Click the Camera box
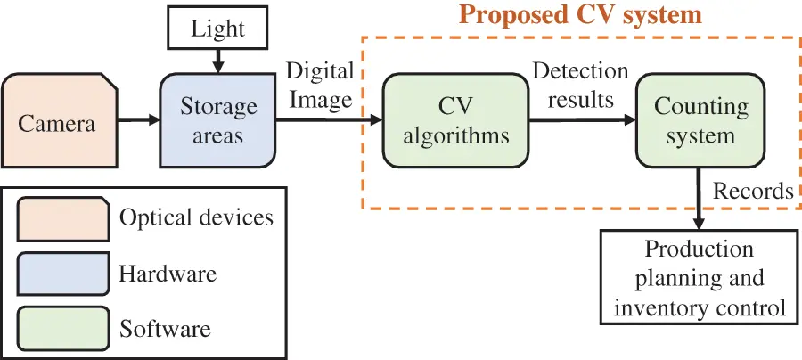(59, 121)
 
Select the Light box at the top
(217, 29)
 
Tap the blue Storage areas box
(218, 121)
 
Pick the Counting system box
(700, 121)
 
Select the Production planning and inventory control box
(700, 278)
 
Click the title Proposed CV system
(580, 15)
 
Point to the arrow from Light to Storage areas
(217, 61)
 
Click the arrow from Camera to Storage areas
(138, 121)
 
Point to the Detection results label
(580, 84)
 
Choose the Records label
(752, 191)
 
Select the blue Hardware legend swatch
(63, 273)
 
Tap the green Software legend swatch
(63, 327)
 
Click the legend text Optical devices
(196, 217)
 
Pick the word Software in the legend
(165, 328)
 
